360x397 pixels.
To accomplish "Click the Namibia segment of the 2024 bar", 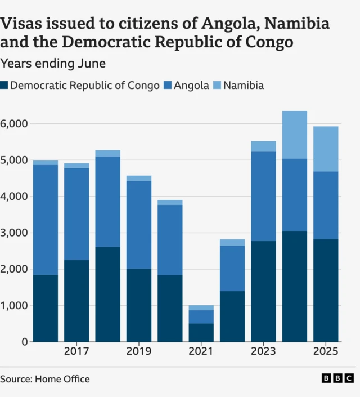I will (x=295, y=135).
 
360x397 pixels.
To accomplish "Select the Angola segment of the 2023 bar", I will (x=263, y=196).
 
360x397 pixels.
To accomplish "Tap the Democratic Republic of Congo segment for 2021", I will (x=201, y=332).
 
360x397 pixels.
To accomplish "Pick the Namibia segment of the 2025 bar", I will (x=326, y=149).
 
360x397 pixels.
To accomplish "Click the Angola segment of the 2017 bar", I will (x=76, y=214).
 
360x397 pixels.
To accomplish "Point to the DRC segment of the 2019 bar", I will (x=139, y=305).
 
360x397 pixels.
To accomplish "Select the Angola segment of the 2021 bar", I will (x=201, y=316).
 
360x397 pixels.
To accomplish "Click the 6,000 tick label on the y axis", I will (x=14, y=123).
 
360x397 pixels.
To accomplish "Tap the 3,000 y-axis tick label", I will (x=14, y=233).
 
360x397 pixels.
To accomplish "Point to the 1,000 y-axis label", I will (x=14, y=305).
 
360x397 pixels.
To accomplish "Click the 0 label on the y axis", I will (x=24, y=342).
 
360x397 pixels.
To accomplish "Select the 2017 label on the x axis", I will (x=76, y=352).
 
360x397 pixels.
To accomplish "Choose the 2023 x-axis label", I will (x=263, y=352).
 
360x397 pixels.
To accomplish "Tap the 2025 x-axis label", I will (x=326, y=352).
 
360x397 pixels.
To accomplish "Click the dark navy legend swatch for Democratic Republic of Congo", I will (x=4, y=86).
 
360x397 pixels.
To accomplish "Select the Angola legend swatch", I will (x=168, y=86).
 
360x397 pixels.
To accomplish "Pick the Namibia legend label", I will (x=243, y=86).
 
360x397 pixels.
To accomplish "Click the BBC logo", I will (x=337, y=378).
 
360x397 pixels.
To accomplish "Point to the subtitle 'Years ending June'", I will (x=53, y=64).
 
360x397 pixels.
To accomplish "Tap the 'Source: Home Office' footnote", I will (x=45, y=379).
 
